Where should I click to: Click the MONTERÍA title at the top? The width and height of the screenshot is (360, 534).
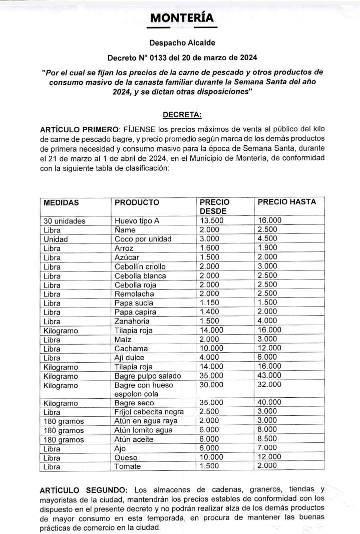coord(182,18)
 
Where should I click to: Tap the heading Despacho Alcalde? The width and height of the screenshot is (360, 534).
coord(182,43)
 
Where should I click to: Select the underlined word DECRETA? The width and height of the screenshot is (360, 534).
coord(182,115)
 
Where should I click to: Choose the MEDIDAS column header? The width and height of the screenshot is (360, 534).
coord(62,202)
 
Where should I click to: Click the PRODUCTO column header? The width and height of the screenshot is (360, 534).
coord(137,202)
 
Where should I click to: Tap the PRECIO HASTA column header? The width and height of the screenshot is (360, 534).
coord(286,202)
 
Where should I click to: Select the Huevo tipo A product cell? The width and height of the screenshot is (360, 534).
coord(137,221)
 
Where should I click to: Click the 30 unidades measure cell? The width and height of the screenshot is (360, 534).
coord(65,221)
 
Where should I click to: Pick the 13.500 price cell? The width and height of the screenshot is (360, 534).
coord(212,220)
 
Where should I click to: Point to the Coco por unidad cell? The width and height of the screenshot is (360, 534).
coord(143,239)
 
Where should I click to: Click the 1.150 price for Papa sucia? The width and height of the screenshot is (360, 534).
coord(210,303)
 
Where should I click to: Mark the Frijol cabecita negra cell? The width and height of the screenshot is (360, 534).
coord(150,412)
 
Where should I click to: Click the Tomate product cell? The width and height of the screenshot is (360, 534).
coord(128,466)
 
